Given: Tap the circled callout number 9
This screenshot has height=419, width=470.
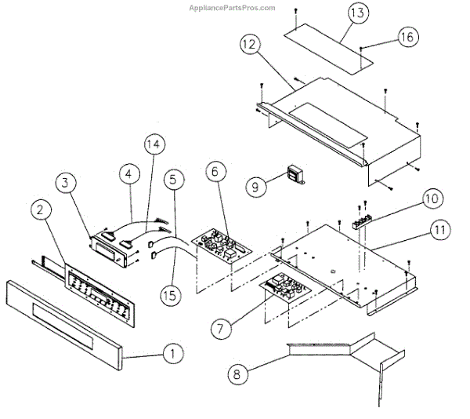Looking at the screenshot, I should click(x=255, y=187).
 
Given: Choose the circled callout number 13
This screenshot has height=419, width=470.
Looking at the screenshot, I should click(x=356, y=13).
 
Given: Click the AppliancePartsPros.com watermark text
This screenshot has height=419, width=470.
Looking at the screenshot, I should click(x=232, y=8).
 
